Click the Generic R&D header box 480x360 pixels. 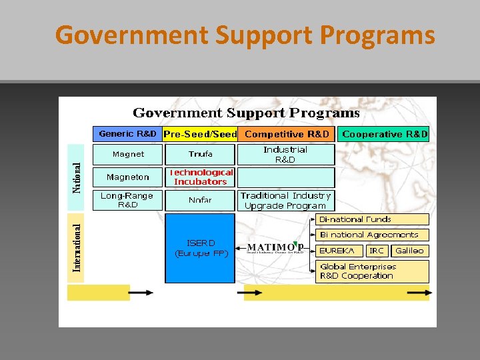click(x=127, y=134)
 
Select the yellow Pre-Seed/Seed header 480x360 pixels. click(x=200, y=134)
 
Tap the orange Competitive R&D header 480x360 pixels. click(x=287, y=134)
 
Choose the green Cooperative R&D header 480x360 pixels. click(x=384, y=134)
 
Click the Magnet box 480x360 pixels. click(x=128, y=155)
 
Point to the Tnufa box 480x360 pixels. click(x=200, y=155)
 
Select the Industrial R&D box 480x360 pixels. click(x=285, y=155)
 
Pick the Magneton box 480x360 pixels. click(x=128, y=177)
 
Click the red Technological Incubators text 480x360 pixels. click(x=201, y=177)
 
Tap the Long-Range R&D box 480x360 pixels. click(x=127, y=200)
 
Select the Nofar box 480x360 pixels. click(x=200, y=200)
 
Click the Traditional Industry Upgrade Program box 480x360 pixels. click(x=285, y=201)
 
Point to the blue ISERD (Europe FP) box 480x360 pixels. click(x=200, y=248)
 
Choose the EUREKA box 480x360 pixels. click(x=341, y=251)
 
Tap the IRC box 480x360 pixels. click(x=377, y=251)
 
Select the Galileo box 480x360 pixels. click(x=409, y=251)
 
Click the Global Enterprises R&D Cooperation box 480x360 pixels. click(x=372, y=271)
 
